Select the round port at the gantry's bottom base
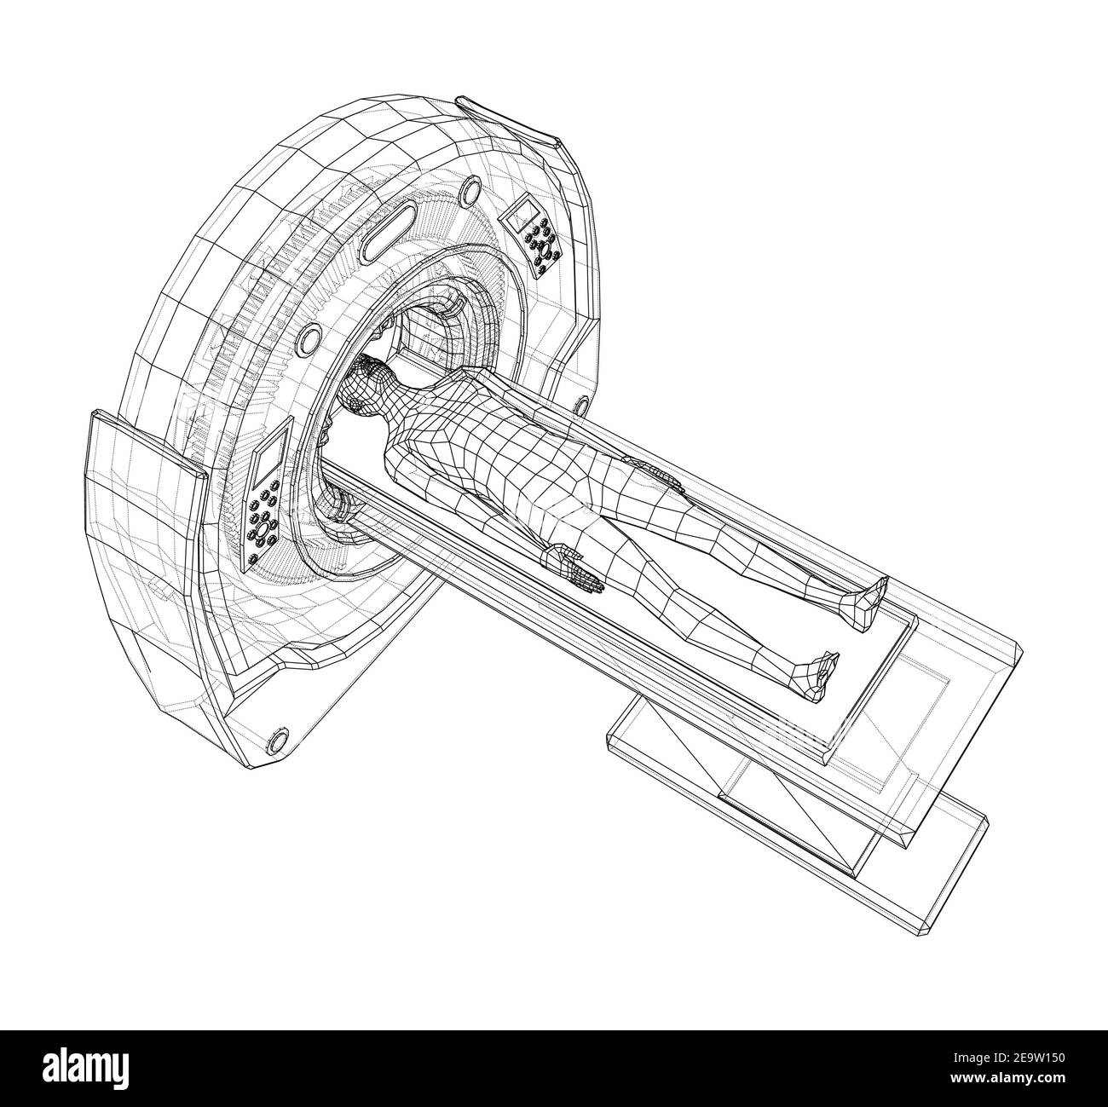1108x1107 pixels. click(x=275, y=742)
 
